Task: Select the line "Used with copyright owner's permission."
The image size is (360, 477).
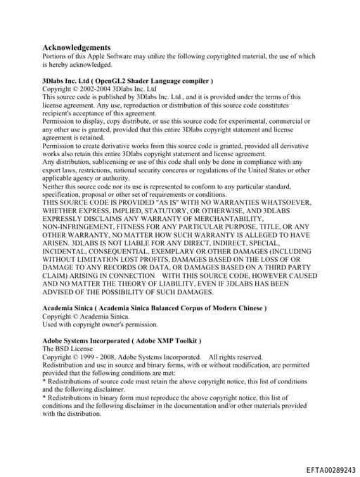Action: tap(100, 324)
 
